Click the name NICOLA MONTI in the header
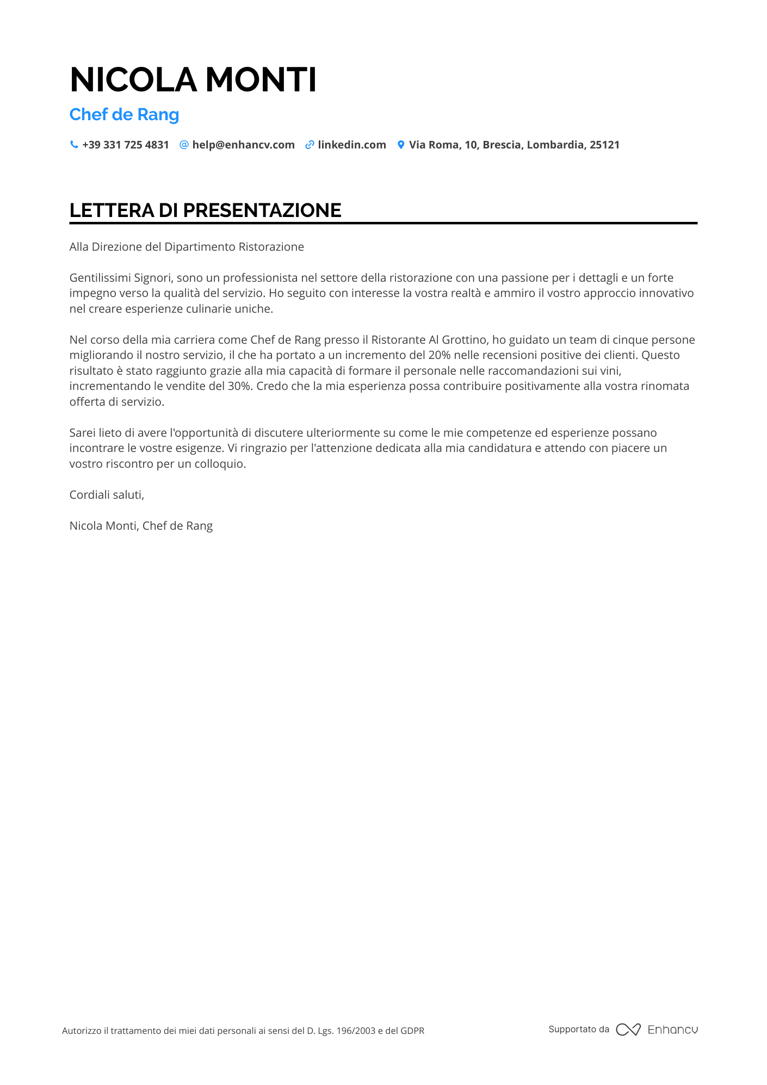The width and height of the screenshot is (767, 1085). (193, 80)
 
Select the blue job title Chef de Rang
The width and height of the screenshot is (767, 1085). (124, 115)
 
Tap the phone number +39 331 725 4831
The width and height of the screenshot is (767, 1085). (126, 145)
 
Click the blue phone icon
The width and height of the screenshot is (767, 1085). (74, 145)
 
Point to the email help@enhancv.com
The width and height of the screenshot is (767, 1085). (243, 145)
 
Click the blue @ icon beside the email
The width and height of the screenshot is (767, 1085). (184, 145)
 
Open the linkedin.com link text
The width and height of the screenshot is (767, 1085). (352, 145)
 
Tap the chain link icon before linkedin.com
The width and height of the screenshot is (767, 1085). (310, 145)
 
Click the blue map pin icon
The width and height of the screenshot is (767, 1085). (401, 145)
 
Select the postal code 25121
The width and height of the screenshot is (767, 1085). (604, 145)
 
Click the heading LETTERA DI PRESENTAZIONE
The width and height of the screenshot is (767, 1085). (206, 210)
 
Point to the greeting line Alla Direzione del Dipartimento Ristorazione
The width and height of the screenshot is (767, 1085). (187, 247)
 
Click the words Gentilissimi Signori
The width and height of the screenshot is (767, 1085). (120, 278)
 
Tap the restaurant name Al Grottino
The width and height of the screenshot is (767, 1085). (459, 340)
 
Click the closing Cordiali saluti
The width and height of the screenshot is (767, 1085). (107, 495)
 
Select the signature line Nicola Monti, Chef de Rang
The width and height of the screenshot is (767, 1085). (141, 526)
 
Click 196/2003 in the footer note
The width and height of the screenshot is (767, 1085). (356, 1031)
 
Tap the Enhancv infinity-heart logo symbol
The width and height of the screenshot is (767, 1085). (628, 1030)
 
